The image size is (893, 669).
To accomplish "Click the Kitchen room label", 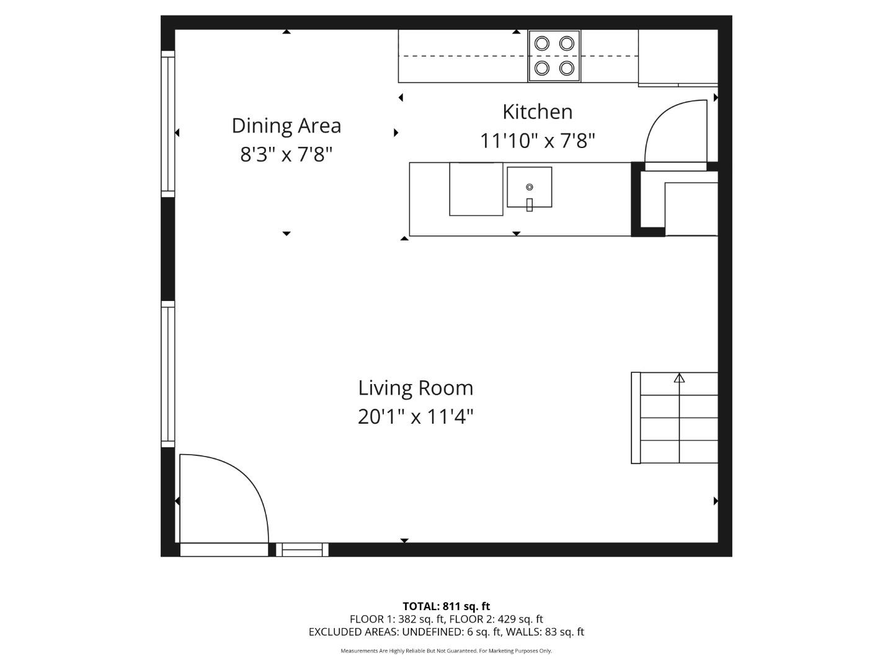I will (x=537, y=112).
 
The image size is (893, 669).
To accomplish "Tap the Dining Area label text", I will (x=286, y=126).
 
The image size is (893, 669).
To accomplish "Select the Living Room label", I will (x=415, y=388).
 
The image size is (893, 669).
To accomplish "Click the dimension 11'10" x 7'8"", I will (x=537, y=141).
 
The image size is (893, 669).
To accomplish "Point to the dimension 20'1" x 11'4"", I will (x=415, y=417).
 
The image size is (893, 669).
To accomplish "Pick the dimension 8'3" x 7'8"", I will (x=286, y=154).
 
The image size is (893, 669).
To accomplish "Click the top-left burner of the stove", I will (x=542, y=43).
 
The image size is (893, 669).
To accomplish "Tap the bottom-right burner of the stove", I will (x=566, y=68).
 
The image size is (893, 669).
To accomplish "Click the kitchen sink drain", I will (x=529, y=187).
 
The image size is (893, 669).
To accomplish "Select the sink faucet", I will (x=529, y=204).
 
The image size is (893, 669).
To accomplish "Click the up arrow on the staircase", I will (x=679, y=377).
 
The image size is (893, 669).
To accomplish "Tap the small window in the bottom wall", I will (x=302, y=549).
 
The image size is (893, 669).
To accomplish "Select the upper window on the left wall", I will (x=167, y=124).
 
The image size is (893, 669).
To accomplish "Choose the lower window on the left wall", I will (x=167, y=374).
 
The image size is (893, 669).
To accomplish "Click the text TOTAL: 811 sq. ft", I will (x=446, y=606).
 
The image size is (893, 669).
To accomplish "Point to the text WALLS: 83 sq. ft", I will (x=545, y=632).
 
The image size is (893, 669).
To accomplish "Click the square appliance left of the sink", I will (x=476, y=189).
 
